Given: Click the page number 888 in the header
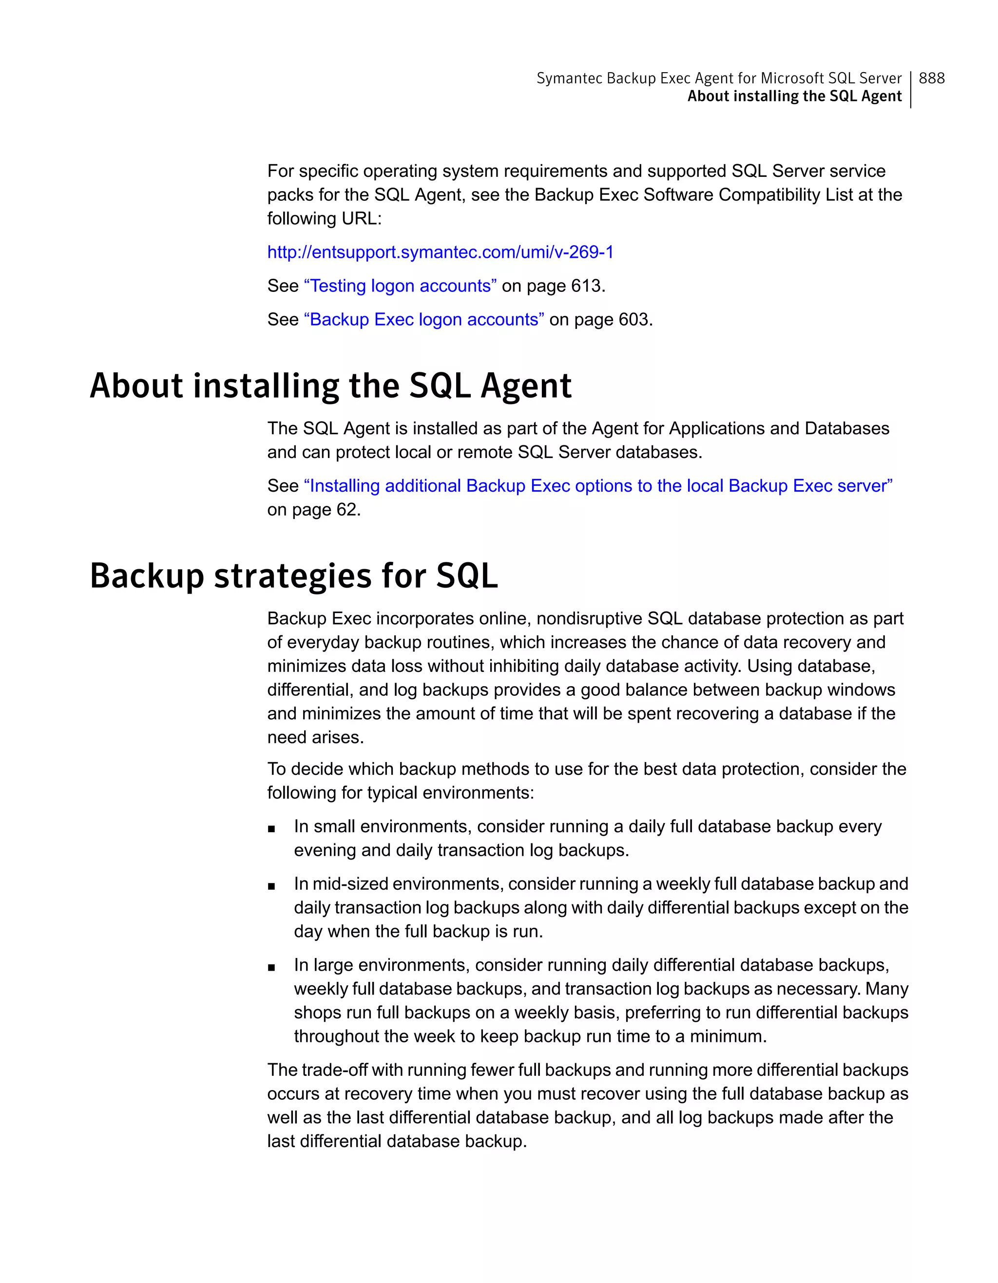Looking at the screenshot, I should coord(932,78).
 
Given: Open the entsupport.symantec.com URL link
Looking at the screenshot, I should coord(440,252).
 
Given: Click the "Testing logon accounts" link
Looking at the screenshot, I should coord(400,286).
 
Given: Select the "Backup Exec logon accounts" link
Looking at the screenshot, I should coord(423,319).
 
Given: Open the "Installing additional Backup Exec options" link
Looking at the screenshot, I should coord(598,486).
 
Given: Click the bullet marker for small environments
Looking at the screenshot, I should coord(271,829).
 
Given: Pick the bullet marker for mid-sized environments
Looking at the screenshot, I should coord(271,886).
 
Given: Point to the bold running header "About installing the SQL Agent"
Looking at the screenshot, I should coord(794,96).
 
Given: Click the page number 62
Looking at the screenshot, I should coord(348,509).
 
